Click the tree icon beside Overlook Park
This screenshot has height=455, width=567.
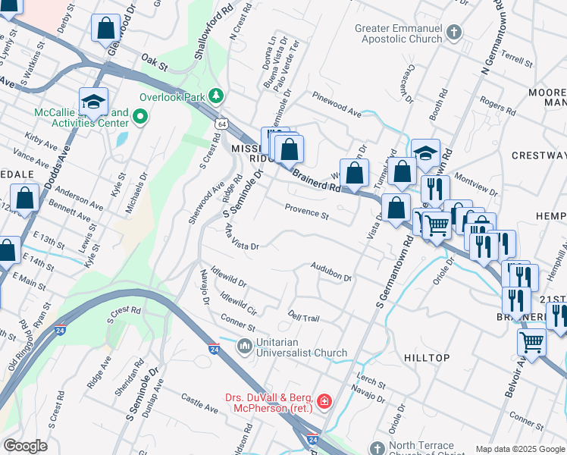(x=217, y=96)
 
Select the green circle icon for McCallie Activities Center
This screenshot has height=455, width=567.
(x=139, y=117)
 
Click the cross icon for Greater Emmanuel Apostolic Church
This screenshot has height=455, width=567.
(x=453, y=33)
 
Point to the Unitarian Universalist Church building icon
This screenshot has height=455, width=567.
(x=245, y=347)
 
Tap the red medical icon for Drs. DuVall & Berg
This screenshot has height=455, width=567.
(x=324, y=400)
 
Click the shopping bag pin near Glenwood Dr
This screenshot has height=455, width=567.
(x=105, y=30)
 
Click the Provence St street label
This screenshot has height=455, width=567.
(x=306, y=212)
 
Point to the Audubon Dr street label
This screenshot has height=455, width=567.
(x=331, y=271)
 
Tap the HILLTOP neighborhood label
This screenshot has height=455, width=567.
(x=427, y=357)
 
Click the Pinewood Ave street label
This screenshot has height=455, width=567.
(x=337, y=105)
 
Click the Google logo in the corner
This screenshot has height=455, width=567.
(x=26, y=446)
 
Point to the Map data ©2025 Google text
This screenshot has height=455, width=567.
(x=520, y=449)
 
